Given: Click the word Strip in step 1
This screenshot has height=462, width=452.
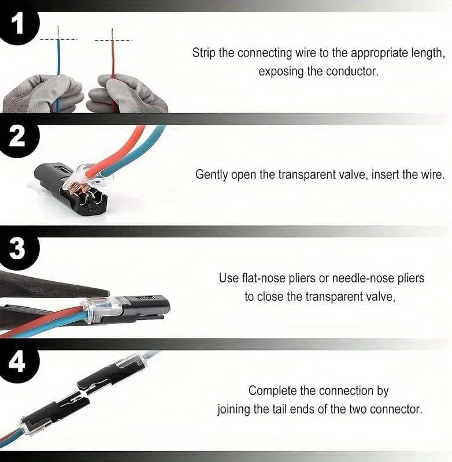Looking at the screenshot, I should pyautogui.click(x=204, y=53).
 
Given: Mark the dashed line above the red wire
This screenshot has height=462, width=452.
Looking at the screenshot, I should pyautogui.click(x=113, y=40).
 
